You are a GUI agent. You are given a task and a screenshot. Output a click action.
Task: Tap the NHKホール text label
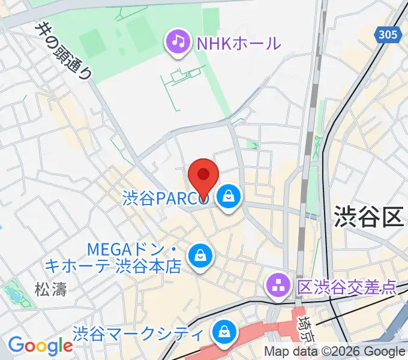237,43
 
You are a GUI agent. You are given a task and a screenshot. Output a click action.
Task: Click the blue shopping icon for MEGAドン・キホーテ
199,256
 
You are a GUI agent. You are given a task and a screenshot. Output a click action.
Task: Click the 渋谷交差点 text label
346,287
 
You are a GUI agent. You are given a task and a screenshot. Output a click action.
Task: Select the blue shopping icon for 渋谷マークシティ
224,331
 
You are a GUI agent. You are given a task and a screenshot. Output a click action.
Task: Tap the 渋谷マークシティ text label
140,332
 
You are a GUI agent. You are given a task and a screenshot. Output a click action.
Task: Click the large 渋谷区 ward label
368,216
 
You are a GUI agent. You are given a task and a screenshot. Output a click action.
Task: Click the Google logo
40,346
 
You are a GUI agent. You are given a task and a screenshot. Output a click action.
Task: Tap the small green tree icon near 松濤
11,293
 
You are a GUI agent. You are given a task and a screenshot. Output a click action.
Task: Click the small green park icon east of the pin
255,145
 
